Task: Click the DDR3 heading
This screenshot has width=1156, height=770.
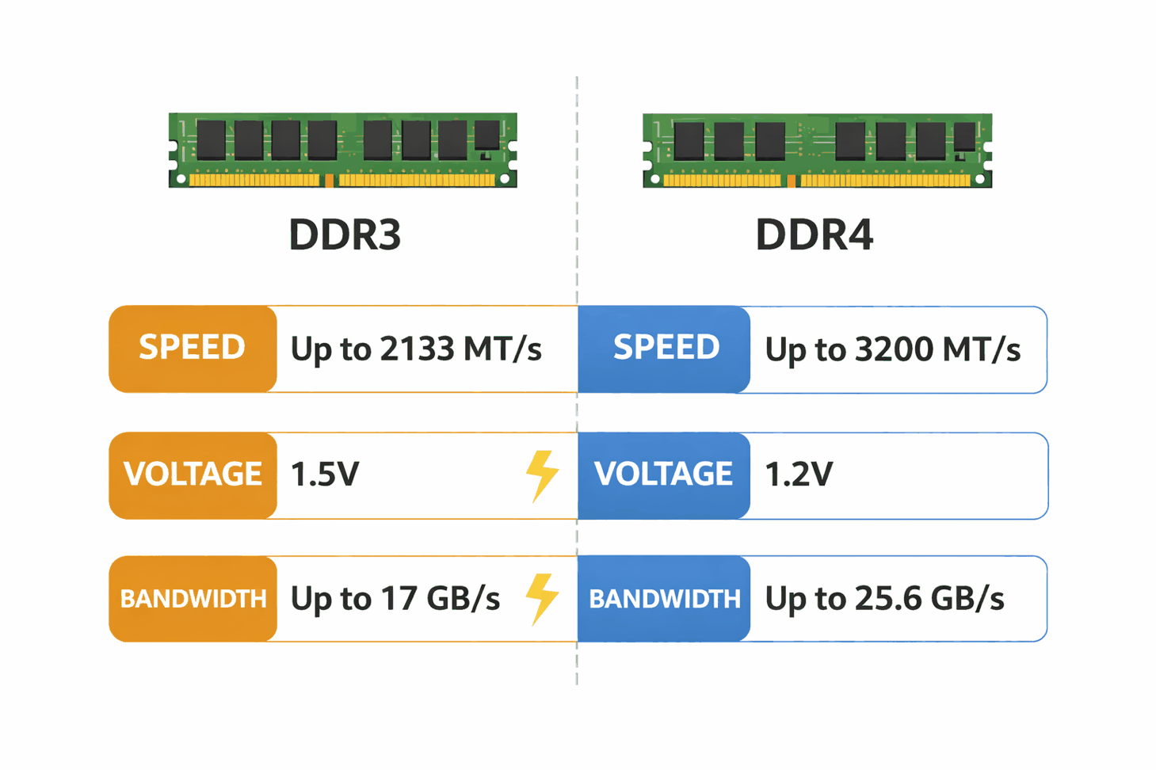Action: click(x=345, y=235)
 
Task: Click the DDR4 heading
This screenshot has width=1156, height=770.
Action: click(x=814, y=235)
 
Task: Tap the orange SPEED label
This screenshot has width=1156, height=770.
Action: click(x=193, y=348)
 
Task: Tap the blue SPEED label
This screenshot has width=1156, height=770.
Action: click(x=666, y=348)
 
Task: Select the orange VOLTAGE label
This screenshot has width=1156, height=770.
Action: click(x=193, y=475)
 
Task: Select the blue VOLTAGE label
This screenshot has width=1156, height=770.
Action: click(x=664, y=475)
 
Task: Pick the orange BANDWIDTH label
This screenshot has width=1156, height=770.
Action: click(x=193, y=599)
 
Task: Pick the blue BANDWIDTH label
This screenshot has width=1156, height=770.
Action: click(x=664, y=599)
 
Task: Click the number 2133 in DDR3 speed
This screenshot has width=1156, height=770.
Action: click(x=416, y=349)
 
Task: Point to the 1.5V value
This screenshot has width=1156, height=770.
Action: click(x=325, y=475)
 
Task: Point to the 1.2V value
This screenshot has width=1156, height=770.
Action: click(x=799, y=475)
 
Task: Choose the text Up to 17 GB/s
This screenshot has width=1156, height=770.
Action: click(x=395, y=599)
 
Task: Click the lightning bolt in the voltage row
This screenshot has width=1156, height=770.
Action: click(x=542, y=475)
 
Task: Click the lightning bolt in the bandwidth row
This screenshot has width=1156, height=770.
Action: click(x=542, y=599)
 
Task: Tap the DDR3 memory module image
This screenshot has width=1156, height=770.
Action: click(x=342, y=150)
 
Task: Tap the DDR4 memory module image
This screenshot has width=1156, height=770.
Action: click(x=817, y=150)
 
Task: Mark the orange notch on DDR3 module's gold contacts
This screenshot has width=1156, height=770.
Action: click(x=330, y=181)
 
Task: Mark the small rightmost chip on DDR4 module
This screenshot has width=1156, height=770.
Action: click(x=964, y=137)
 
